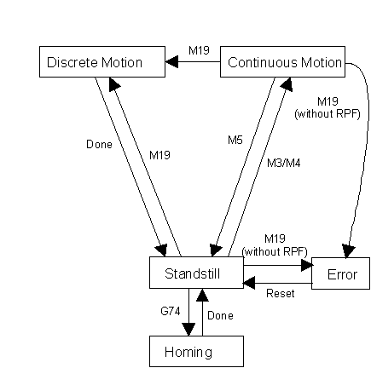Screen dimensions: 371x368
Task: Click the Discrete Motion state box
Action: [x=102, y=61]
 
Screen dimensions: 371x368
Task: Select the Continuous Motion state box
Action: [x=282, y=61]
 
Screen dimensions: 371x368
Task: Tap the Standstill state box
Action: [x=196, y=273]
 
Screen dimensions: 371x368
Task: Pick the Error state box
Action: [x=340, y=273]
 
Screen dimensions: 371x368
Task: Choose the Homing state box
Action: [x=196, y=351]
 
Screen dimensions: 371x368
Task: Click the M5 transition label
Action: [x=235, y=140]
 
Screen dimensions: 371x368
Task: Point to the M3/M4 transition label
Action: [x=283, y=163]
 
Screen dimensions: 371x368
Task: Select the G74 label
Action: [x=171, y=311]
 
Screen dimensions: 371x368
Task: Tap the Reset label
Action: [x=281, y=293]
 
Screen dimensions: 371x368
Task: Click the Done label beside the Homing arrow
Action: [x=220, y=315]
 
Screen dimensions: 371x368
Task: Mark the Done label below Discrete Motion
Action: [x=99, y=144]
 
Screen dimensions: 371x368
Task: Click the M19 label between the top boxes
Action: [x=199, y=50]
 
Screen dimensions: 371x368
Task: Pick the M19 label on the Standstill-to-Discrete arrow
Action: [x=159, y=155]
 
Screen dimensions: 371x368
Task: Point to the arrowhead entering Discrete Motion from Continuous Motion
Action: [x=171, y=61]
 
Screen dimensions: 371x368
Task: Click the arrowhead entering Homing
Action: [x=188, y=330]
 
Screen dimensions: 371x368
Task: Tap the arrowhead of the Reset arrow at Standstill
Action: [x=249, y=283]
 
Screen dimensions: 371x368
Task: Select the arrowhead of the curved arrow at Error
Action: [x=348, y=251]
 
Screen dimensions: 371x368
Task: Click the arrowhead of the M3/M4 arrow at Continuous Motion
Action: [x=287, y=84]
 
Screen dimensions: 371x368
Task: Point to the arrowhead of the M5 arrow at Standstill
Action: [x=216, y=250]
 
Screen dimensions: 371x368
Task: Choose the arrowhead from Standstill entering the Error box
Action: [x=307, y=266]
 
